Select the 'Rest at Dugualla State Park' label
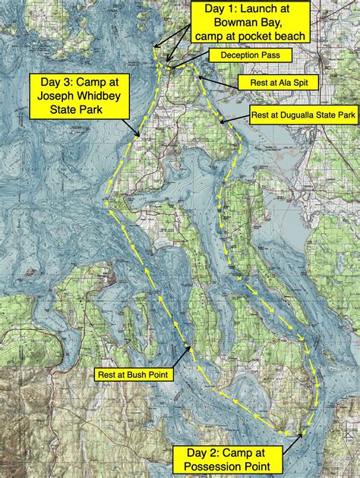303,117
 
